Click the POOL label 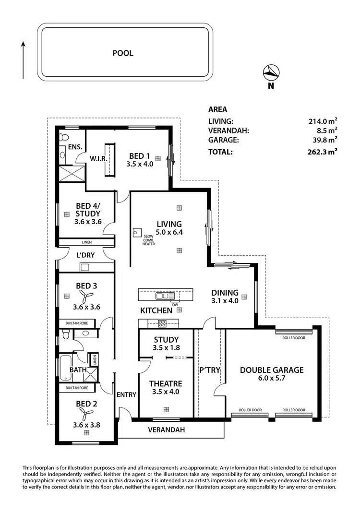pyautogui.click(x=123, y=53)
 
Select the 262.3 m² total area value pyautogui.click(x=323, y=152)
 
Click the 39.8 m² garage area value pyautogui.click(x=324, y=140)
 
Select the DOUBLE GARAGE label pyautogui.click(x=272, y=370)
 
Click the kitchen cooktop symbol pyautogui.click(x=162, y=323)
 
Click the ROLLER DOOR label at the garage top pyautogui.click(x=294, y=338)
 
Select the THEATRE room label pyautogui.click(x=165, y=383)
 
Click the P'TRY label pyautogui.click(x=209, y=370)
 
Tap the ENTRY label pyautogui.click(x=127, y=394)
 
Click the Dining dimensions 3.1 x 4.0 pyautogui.click(x=225, y=301)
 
